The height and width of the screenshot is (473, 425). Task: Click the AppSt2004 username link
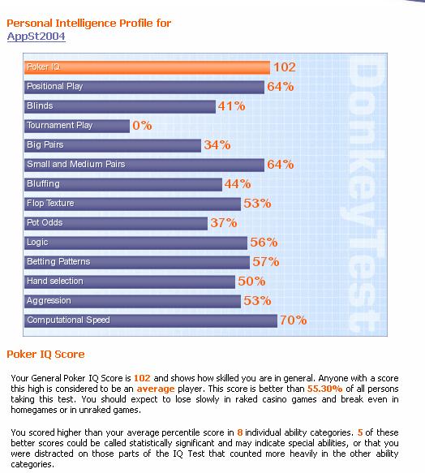[36, 37]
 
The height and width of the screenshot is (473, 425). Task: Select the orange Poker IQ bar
[147, 67]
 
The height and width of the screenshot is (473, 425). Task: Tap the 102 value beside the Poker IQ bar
[285, 67]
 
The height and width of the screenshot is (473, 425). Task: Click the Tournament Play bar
[77, 126]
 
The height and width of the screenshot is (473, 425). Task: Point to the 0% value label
[142, 126]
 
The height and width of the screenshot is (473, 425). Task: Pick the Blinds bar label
[40, 105]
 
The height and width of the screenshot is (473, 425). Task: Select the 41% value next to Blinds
[232, 106]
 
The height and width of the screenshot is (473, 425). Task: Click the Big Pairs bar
[113, 145]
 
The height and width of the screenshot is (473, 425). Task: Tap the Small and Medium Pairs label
[75, 164]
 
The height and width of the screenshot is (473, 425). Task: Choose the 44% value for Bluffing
[238, 183]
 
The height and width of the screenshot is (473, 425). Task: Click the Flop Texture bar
[132, 204]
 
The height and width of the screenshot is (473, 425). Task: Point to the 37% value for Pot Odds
[224, 223]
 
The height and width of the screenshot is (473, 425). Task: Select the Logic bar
[135, 243]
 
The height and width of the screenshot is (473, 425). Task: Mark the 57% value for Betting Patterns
[266, 262]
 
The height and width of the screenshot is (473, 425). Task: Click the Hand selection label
[55, 281]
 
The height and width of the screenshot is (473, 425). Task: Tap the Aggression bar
[132, 301]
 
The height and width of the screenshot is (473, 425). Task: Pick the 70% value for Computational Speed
[294, 320]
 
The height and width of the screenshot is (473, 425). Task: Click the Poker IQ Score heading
[45, 355]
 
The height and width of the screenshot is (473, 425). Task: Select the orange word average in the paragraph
[156, 389]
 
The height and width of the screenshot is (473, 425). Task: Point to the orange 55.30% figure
[325, 389]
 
